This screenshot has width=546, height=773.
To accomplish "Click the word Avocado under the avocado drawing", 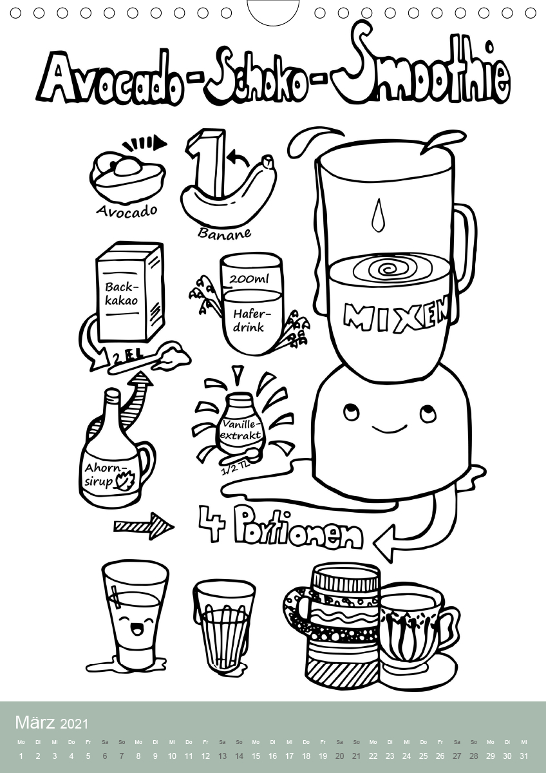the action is pyautogui.click(x=127, y=211).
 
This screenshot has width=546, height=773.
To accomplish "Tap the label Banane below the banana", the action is pyautogui.click(x=224, y=233).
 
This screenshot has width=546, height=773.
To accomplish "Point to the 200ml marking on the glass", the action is pyautogui.click(x=249, y=279).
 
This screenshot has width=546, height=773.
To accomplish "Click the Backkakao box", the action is pyautogui.click(x=130, y=292).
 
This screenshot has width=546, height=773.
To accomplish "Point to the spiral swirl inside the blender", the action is pyautogui.click(x=392, y=270).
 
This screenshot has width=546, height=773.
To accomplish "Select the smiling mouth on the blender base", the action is pyautogui.click(x=389, y=430).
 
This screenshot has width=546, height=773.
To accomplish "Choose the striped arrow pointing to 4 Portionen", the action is pyautogui.click(x=144, y=526).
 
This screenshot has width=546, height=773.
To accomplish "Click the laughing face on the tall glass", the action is pyautogui.click(x=137, y=625).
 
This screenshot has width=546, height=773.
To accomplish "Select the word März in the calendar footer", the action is pyautogui.click(x=35, y=723).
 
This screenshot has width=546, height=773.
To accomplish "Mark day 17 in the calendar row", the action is pyautogui.click(x=289, y=756).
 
